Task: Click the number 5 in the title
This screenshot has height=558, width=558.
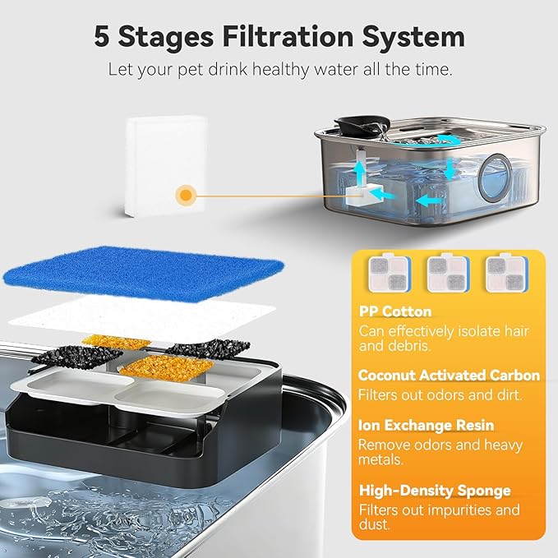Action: (102, 36)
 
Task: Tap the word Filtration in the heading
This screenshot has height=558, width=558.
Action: (288, 36)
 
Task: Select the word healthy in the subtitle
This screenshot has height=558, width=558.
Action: (281, 69)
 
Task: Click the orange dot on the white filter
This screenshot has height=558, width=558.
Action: (186, 195)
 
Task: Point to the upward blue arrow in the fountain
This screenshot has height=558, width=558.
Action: (361, 172)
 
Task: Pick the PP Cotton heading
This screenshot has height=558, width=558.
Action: (395, 311)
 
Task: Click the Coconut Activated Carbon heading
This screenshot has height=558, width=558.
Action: (449, 376)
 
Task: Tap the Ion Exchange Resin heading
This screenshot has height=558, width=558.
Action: (426, 425)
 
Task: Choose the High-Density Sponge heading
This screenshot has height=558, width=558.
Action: (435, 491)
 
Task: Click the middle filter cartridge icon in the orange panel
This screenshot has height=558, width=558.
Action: (449, 272)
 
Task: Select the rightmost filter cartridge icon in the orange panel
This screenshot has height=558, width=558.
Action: (507, 272)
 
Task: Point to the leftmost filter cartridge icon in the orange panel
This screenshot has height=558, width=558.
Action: (390, 272)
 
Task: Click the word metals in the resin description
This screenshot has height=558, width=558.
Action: (380, 460)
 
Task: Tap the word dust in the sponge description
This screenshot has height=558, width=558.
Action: (374, 525)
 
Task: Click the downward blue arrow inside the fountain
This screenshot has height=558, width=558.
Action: (450, 169)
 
